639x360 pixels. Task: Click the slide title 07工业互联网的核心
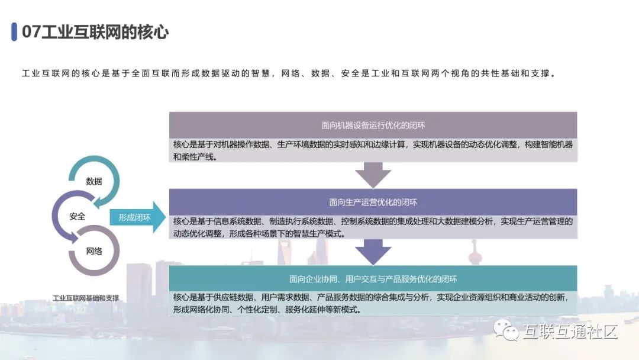tap(95, 32)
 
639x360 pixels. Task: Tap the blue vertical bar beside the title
tap(14, 32)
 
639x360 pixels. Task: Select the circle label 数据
tap(94, 181)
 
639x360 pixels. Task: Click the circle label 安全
tap(77, 216)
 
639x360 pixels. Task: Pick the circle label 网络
tap(94, 251)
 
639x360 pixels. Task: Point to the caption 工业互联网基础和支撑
tap(86, 298)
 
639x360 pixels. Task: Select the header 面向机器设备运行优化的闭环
tap(373, 125)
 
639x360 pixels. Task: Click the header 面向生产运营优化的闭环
tap(373, 202)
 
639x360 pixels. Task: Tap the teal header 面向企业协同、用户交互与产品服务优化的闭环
tap(373, 279)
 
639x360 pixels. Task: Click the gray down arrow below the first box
tap(373, 175)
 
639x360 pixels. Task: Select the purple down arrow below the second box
tap(373, 252)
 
